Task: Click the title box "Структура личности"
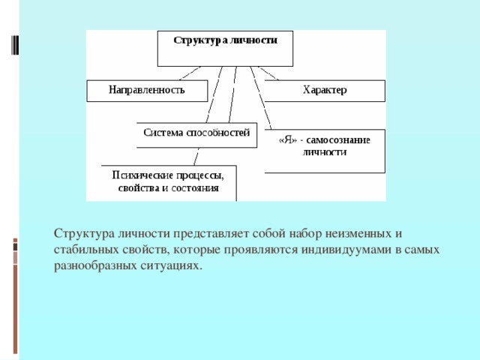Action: tap(225, 48)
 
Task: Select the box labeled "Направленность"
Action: tap(147, 91)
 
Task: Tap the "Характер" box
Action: tap(325, 91)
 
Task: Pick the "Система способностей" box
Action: tap(196, 135)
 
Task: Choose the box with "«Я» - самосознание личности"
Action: tap(325, 151)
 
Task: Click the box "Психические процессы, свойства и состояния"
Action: tap(169, 183)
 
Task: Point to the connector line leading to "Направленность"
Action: tap(190, 73)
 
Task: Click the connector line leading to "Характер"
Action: tap(268, 73)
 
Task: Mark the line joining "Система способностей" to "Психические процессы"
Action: tap(196, 157)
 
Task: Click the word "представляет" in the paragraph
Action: tap(211, 233)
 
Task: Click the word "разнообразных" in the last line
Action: tap(95, 265)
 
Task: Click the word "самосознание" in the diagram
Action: tap(338, 140)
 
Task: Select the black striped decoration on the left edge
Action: tap(15, 45)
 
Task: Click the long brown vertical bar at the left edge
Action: tap(15, 309)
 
